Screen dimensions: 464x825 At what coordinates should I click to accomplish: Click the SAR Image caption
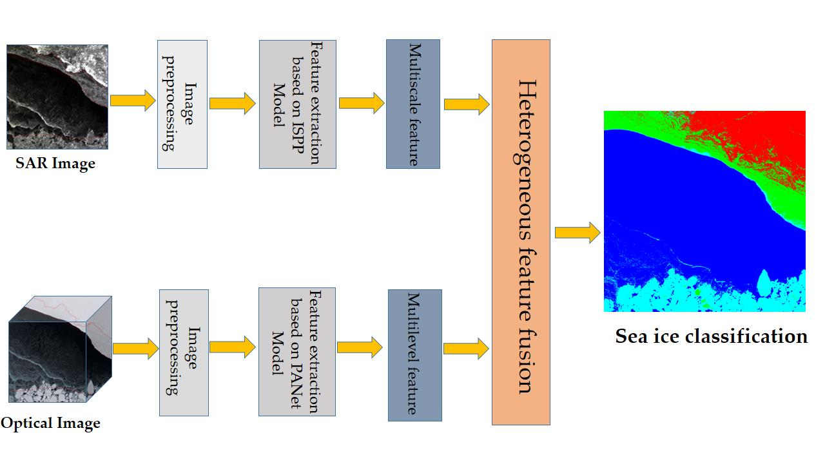coord(55,164)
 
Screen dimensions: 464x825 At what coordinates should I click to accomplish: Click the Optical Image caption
coord(51,423)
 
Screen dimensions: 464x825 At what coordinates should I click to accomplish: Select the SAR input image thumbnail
coord(57,97)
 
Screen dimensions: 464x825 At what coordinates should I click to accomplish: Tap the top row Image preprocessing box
coord(182,104)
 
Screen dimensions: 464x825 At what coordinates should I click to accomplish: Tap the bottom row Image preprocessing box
coord(184,353)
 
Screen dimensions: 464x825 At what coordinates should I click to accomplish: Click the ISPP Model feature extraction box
coord(297,104)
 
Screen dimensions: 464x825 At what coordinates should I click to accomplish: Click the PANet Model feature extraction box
coord(296,352)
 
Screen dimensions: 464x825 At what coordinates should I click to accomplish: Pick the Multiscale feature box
coord(412,104)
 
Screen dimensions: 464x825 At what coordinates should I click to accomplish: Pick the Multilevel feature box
coord(414,355)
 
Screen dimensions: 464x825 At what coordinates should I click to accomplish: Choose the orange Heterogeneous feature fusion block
coord(521,232)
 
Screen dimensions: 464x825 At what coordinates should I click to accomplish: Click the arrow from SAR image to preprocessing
coord(133,101)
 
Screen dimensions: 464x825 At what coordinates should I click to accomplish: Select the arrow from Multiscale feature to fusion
coord(466,104)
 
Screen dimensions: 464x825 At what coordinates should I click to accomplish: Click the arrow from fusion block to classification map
coord(577,232)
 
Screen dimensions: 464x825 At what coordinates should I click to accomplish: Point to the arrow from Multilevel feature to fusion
coord(466,349)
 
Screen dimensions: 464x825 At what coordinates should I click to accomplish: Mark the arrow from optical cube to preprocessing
coord(135,349)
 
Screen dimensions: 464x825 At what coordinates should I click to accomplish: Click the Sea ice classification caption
coord(711,336)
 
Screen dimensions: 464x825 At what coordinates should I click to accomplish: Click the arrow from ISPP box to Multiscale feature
coord(361,103)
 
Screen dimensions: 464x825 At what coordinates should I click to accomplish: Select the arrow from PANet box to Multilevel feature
coord(360,348)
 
